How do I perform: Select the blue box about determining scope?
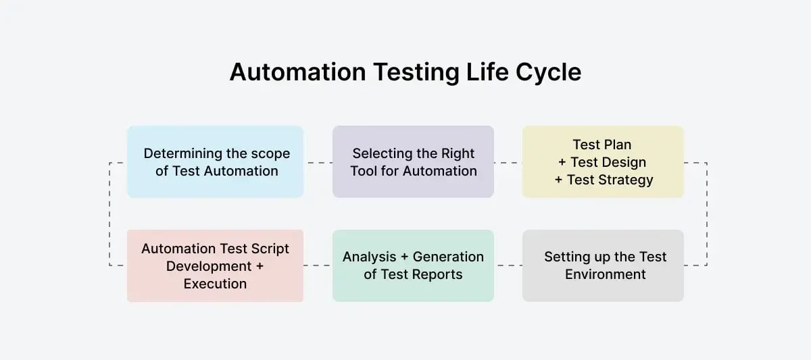pyautogui.click(x=215, y=162)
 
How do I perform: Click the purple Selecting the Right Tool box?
pyautogui.click(x=413, y=162)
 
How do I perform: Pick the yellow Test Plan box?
pyautogui.click(x=603, y=162)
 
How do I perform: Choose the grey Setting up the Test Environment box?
pyautogui.click(x=603, y=265)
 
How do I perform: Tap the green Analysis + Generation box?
pyautogui.click(x=413, y=265)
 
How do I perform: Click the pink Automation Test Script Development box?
pyautogui.click(x=215, y=265)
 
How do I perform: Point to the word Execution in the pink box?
pyautogui.click(x=215, y=284)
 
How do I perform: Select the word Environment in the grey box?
pyautogui.click(x=606, y=274)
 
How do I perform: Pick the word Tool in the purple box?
pyautogui.click(x=365, y=171)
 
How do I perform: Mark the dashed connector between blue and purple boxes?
pyautogui.click(x=318, y=162)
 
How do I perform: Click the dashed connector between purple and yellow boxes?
pyautogui.click(x=508, y=162)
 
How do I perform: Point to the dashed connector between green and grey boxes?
pyautogui.click(x=508, y=265)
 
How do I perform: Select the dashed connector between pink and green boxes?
pyautogui.click(x=318, y=265)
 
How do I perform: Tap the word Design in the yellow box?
pyautogui.click(x=617, y=162)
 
